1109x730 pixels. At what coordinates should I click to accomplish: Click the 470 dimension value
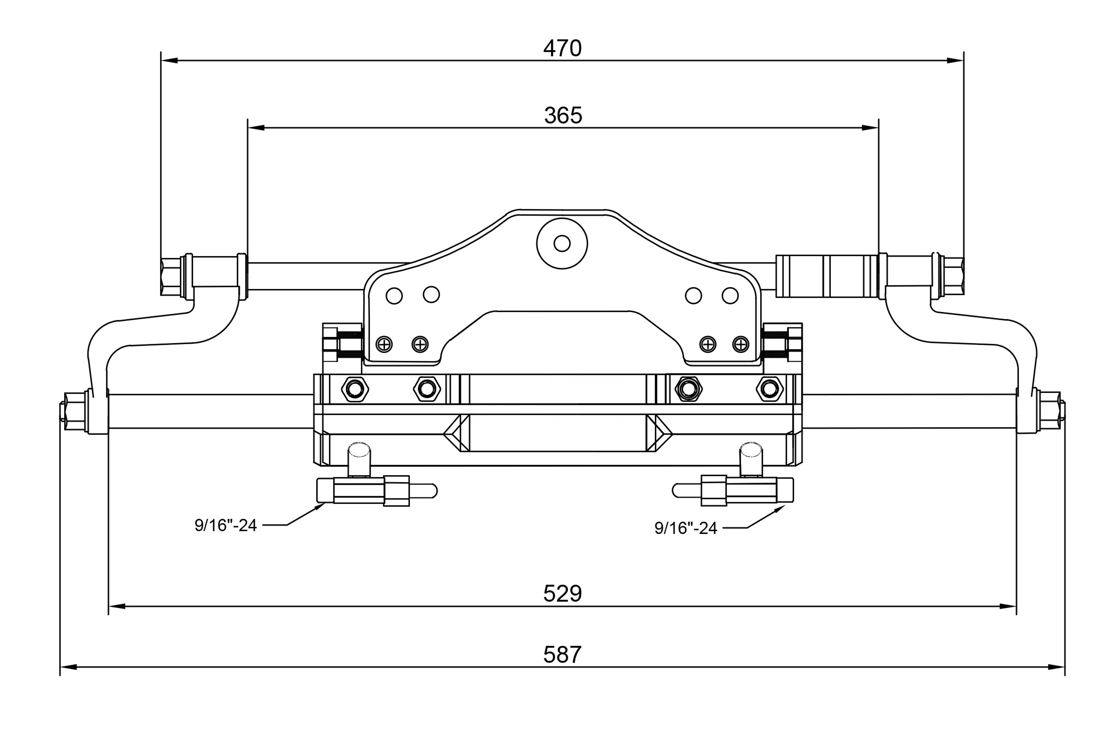pyautogui.click(x=562, y=48)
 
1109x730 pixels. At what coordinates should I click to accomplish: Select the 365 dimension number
pyautogui.click(x=563, y=115)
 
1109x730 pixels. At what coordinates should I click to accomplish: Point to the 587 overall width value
pyautogui.click(x=562, y=655)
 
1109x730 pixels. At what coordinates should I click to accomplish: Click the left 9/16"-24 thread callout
pyautogui.click(x=226, y=525)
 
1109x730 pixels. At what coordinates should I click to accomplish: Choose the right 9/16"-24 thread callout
pyautogui.click(x=686, y=528)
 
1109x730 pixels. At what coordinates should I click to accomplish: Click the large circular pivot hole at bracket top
pyautogui.click(x=562, y=243)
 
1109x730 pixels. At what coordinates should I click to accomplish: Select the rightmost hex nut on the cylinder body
pyautogui.click(x=769, y=388)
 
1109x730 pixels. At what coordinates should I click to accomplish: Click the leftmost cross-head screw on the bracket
pyautogui.click(x=384, y=344)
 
